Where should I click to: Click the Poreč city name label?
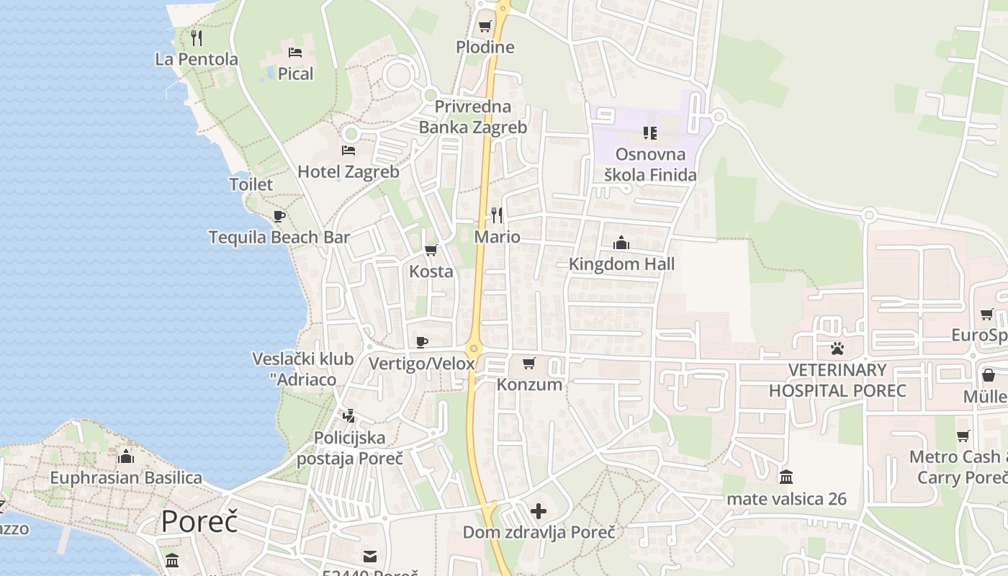point(199,521)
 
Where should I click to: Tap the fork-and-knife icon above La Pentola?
point(197,37)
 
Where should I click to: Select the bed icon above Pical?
point(295,52)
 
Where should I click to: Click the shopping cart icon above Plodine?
point(485,27)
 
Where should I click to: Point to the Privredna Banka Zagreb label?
point(473,117)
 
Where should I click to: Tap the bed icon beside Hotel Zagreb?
point(348,150)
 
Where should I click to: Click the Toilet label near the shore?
point(251,184)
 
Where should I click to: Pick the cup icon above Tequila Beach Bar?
point(279,216)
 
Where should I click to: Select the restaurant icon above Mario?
point(497,215)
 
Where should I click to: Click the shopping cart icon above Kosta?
point(431,250)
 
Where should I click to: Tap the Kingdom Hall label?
point(622,264)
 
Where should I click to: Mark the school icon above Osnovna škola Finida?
point(650,133)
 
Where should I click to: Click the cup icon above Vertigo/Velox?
point(422,342)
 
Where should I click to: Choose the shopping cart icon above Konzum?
point(529,363)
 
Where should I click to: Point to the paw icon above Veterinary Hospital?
point(837,348)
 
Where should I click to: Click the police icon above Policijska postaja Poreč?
point(349,415)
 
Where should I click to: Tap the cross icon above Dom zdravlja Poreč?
point(539,511)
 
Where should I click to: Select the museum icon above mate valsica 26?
point(786,477)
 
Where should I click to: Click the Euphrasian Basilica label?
point(126,477)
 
